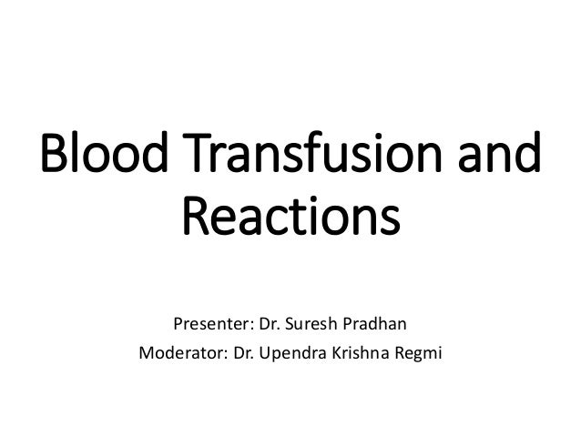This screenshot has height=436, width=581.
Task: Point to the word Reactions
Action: tap(290, 218)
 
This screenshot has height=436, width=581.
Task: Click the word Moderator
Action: tap(177, 350)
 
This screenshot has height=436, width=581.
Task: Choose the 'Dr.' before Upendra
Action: tap(238, 350)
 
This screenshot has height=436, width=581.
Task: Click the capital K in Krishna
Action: tap(327, 350)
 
